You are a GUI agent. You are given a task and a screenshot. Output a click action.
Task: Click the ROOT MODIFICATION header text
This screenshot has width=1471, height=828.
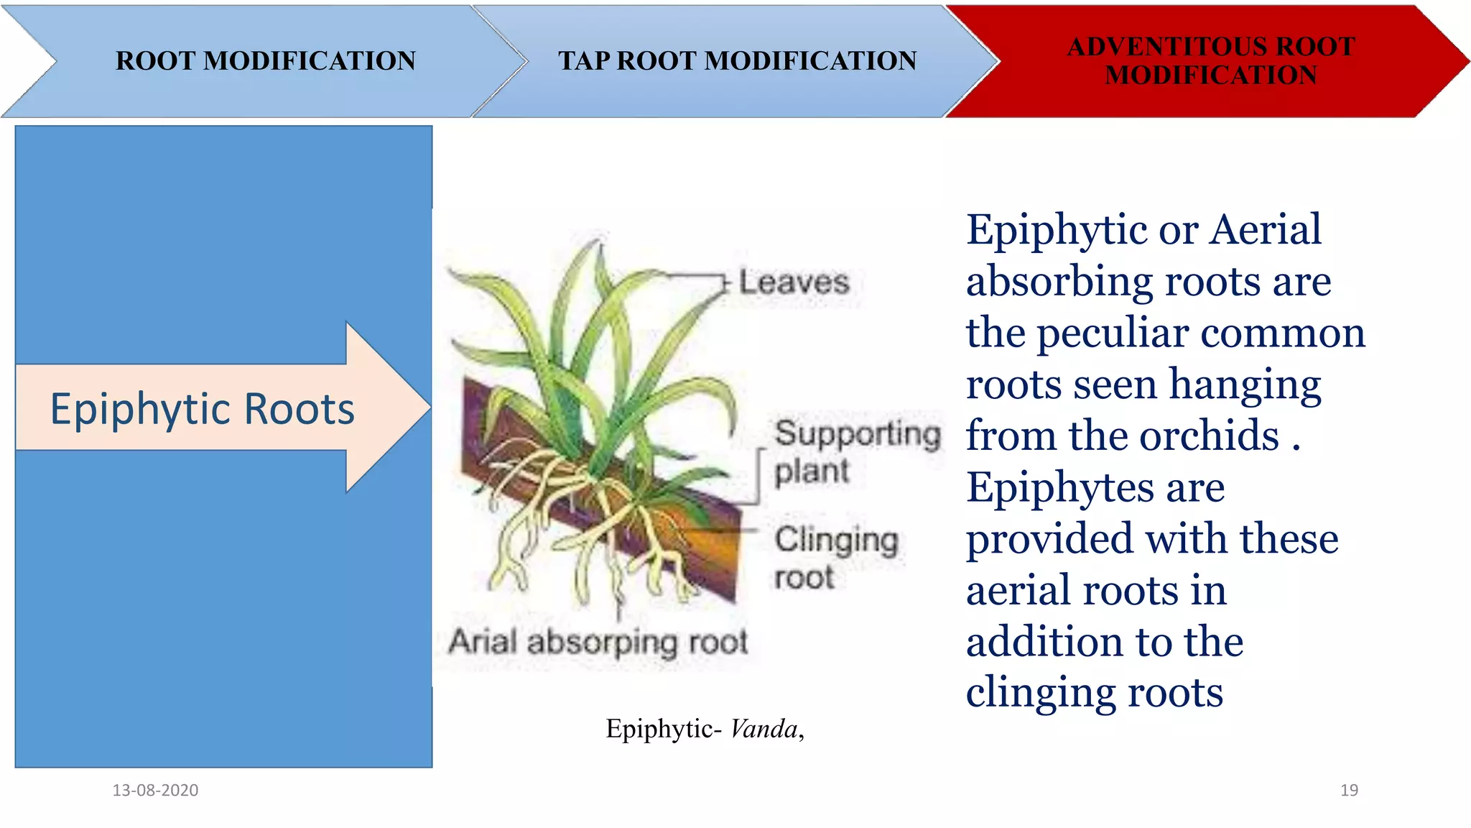[265, 61]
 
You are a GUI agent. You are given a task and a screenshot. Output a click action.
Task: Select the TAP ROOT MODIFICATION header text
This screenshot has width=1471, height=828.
[737, 61]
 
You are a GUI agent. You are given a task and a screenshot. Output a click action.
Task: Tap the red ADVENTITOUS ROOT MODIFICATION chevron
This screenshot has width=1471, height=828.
[1210, 61]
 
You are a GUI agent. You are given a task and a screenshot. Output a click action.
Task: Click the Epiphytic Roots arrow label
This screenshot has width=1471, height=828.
[202, 409]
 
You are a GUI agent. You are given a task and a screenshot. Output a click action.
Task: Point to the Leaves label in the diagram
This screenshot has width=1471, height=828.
[794, 282]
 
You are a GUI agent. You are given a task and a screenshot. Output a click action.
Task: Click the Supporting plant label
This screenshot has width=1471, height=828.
[856, 452]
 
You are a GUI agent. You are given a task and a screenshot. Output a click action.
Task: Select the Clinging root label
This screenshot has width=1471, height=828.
[835, 558]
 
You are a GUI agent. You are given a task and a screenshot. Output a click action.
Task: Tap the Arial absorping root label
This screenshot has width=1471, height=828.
[598, 641]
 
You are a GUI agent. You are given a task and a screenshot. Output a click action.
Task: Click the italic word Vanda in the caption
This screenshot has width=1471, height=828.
[764, 729]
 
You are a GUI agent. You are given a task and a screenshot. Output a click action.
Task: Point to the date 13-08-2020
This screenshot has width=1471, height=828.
[155, 790]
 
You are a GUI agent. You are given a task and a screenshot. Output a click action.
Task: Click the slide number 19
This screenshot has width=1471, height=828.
[1349, 790]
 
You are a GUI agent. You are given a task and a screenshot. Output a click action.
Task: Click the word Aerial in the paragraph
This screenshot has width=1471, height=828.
[1265, 230]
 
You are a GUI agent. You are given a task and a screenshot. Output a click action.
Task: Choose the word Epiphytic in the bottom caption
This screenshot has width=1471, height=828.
[660, 729]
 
